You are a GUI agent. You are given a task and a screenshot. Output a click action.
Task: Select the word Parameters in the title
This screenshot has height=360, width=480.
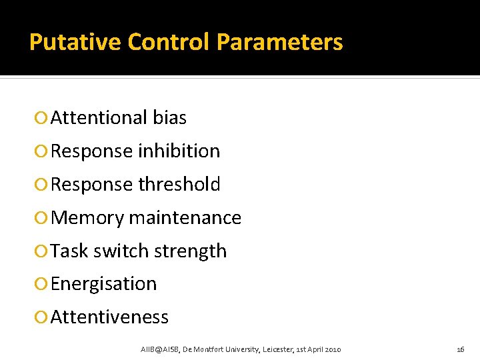click(x=280, y=42)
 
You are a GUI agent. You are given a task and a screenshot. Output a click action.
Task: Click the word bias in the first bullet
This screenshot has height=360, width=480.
click(x=170, y=118)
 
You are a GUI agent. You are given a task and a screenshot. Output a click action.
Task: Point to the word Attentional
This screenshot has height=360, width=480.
click(x=99, y=118)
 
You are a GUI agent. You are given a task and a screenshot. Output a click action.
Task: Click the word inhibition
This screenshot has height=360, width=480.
click(x=179, y=151)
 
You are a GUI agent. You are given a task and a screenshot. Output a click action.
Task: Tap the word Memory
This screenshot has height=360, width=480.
click(x=87, y=218)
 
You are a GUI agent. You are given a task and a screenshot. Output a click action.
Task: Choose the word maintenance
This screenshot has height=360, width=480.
click(x=185, y=218)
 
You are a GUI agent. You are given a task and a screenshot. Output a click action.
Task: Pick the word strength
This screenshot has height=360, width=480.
click(x=191, y=251)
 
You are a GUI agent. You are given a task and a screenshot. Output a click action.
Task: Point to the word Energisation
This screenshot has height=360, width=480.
click(x=103, y=284)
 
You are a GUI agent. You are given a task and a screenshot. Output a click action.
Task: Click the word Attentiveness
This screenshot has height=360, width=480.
click(x=109, y=317)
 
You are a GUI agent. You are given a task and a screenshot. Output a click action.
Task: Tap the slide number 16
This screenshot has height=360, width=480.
click(x=460, y=349)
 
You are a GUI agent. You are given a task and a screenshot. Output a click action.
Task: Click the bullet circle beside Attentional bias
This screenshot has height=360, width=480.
click(x=41, y=119)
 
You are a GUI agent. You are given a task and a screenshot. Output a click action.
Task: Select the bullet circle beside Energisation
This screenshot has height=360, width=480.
click(x=41, y=285)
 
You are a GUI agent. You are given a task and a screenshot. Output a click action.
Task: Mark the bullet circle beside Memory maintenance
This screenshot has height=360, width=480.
click(x=41, y=219)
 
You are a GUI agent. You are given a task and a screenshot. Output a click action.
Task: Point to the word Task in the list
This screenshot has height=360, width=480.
click(x=69, y=251)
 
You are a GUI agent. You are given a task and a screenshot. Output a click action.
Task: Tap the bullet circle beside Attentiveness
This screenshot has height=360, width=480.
click(x=41, y=318)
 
